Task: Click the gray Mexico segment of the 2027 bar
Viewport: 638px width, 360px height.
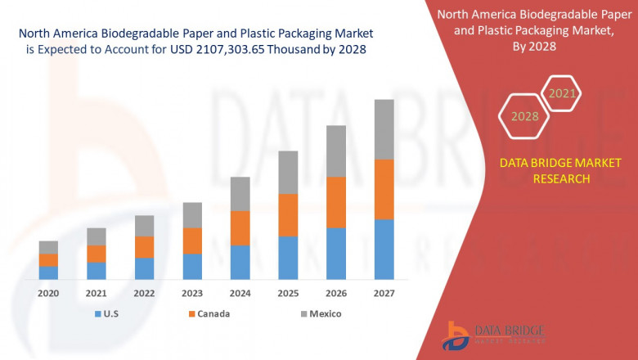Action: [384, 129]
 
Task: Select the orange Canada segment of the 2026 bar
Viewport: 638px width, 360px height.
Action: [336, 202]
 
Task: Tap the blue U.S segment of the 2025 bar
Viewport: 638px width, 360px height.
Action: [288, 258]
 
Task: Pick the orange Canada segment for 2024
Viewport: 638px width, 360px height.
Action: [240, 227]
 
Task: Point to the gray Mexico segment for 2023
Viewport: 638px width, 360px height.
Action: [192, 214]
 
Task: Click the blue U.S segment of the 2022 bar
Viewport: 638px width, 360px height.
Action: [144, 268]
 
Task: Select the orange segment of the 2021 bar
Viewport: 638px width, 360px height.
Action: [97, 254]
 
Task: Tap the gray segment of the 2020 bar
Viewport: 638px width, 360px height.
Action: [48, 247]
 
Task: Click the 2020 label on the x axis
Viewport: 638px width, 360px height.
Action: [48, 293]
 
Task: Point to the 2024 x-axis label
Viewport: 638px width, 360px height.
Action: [240, 293]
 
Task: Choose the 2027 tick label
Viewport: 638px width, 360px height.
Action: [384, 293]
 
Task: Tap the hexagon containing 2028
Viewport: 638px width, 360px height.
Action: [524, 116]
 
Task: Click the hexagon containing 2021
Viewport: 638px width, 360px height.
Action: [561, 93]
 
